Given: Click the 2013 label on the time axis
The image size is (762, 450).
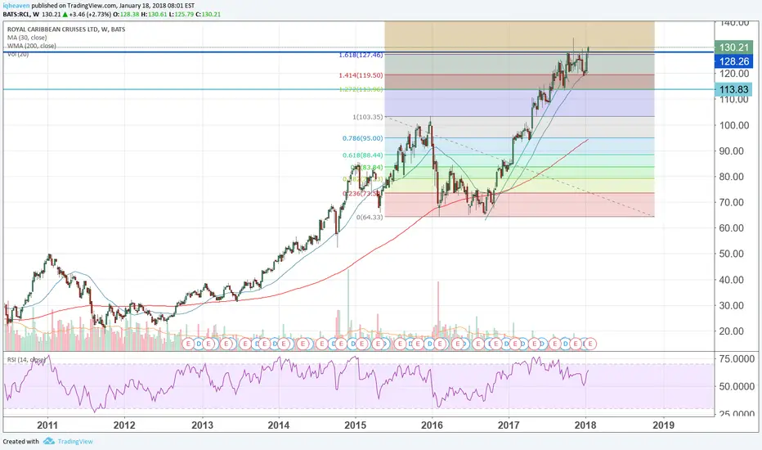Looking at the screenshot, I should coord(202,425).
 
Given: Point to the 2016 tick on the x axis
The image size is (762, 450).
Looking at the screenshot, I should coord(433,425).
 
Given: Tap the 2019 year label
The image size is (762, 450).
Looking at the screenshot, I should coord(663,425).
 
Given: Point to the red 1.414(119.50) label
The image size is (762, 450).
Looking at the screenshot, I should coord(361,74).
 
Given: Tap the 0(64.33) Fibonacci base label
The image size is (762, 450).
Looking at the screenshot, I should coord(370,218).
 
